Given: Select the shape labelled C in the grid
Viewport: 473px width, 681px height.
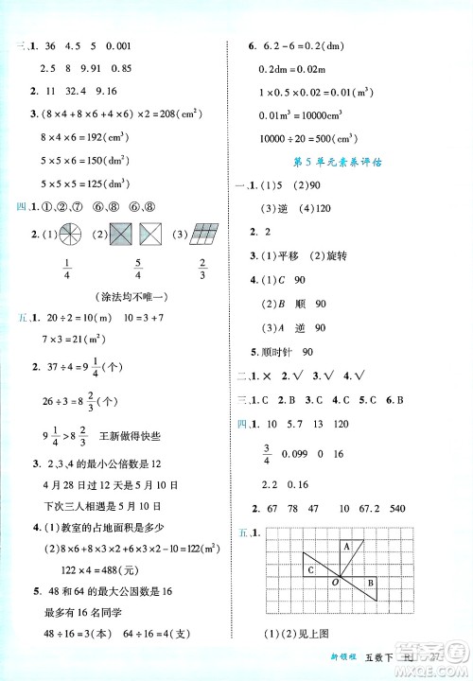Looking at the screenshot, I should pyautogui.click(x=311, y=569).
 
